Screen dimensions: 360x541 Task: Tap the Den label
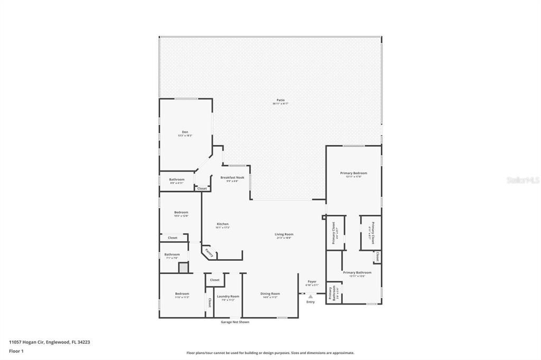pyautogui.click(x=185, y=132)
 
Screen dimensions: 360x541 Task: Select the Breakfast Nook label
pyautogui.click(x=232, y=177)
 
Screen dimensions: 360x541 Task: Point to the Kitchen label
pyautogui.click(x=222, y=224)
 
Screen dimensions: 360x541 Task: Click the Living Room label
pyautogui.click(x=284, y=234)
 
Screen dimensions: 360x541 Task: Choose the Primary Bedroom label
pyautogui.click(x=353, y=173)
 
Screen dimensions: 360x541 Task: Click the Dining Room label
pyautogui.click(x=270, y=293)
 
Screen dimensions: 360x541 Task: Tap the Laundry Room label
pyautogui.click(x=228, y=296)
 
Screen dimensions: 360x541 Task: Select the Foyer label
pyautogui.click(x=312, y=281)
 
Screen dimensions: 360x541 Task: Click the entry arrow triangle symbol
pyautogui.click(x=311, y=297)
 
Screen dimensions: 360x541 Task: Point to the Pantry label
pyautogui.click(x=209, y=253)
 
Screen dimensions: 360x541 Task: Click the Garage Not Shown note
pyautogui.click(x=235, y=322)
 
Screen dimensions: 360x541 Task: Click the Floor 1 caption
pyautogui.click(x=16, y=350)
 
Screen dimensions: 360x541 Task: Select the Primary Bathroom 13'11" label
pyautogui.click(x=357, y=273)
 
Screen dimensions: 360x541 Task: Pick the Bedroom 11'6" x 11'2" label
pyautogui.click(x=182, y=293)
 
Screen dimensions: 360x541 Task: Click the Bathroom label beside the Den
pyautogui.click(x=177, y=179)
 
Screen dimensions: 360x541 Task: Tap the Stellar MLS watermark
pyautogui.click(x=523, y=180)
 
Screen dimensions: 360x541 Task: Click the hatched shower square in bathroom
pyautogui.click(x=183, y=268)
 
